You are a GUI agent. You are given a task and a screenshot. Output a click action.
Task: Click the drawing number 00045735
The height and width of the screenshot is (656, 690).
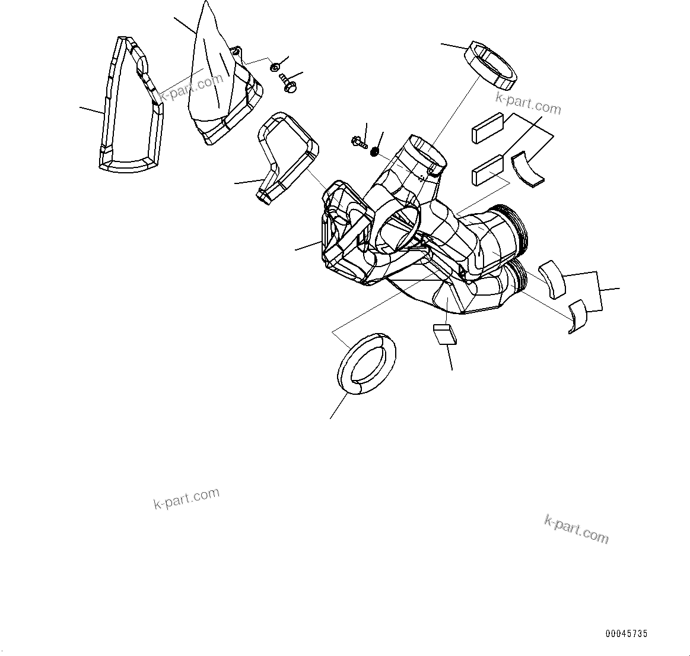626,633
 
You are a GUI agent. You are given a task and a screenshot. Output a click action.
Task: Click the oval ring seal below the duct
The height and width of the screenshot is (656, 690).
368,364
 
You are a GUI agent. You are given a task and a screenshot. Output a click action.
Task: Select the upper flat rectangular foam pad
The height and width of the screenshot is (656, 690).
487,128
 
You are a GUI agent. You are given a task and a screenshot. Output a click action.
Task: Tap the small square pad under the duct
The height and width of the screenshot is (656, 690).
444,334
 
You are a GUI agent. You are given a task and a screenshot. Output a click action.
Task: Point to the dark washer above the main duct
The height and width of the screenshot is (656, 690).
375,153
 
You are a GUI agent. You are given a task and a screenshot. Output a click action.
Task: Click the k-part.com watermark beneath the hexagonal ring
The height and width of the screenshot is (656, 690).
528,104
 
